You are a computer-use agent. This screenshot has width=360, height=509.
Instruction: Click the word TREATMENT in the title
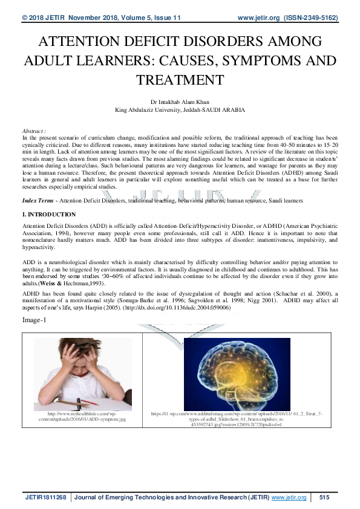click(180, 80)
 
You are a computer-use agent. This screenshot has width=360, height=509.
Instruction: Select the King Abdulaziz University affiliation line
click(180, 111)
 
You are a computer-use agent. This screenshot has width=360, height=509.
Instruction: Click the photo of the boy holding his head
click(82, 371)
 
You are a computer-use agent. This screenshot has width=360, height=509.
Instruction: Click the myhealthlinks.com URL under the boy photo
click(82, 416)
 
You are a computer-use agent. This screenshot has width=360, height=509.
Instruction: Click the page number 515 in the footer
click(324, 497)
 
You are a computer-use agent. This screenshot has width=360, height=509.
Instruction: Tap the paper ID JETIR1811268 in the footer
click(46, 497)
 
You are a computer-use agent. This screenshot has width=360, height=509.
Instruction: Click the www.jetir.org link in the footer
click(289, 497)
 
